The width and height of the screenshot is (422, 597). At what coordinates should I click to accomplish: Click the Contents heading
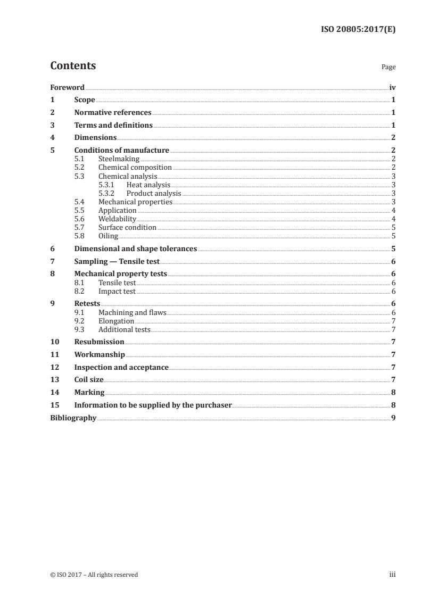[73, 66]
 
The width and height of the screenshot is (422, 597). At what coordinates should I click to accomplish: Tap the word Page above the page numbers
[388, 68]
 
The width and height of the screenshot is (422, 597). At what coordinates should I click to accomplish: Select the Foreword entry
[67, 87]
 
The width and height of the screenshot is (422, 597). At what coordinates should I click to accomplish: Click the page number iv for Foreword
[392, 87]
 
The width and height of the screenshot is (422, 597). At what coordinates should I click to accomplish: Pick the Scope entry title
[85, 100]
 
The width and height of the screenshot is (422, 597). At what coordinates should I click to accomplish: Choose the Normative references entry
[113, 113]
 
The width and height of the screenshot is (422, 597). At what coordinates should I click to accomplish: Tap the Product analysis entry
[154, 193]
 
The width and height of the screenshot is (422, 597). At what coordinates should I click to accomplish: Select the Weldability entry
[118, 219]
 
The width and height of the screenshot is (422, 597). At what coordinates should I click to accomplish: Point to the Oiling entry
[108, 236]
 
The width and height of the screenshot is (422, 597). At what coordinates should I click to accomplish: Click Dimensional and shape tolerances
[136, 249]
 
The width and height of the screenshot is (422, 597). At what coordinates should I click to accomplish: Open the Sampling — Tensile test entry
[117, 262]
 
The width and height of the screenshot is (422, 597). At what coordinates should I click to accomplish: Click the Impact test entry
[117, 291]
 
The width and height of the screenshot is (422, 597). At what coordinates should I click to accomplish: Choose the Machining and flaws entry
[133, 312]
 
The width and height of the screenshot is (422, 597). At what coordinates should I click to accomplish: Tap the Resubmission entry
[99, 342]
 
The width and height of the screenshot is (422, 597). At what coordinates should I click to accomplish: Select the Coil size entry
[89, 380]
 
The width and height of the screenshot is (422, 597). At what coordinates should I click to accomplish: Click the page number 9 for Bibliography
[393, 418]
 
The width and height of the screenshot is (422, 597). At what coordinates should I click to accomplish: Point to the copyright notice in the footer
[94, 575]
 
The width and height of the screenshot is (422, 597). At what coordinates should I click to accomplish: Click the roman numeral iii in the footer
[392, 575]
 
